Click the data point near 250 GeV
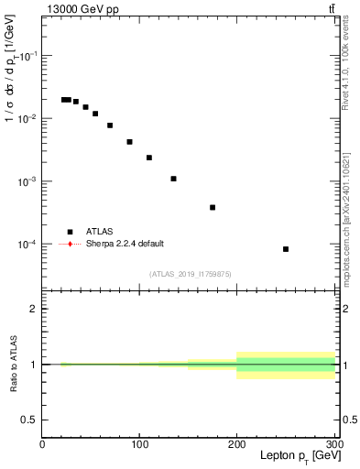(286, 249)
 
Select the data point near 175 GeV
(213, 207)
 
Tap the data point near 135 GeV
(173, 179)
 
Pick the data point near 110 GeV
(149, 158)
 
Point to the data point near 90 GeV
(129, 142)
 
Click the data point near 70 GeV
(110, 125)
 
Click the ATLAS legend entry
(101, 232)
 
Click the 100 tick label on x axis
(139, 445)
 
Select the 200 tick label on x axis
(237, 445)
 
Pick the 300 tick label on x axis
(333, 445)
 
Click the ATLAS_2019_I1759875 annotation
(191, 274)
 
